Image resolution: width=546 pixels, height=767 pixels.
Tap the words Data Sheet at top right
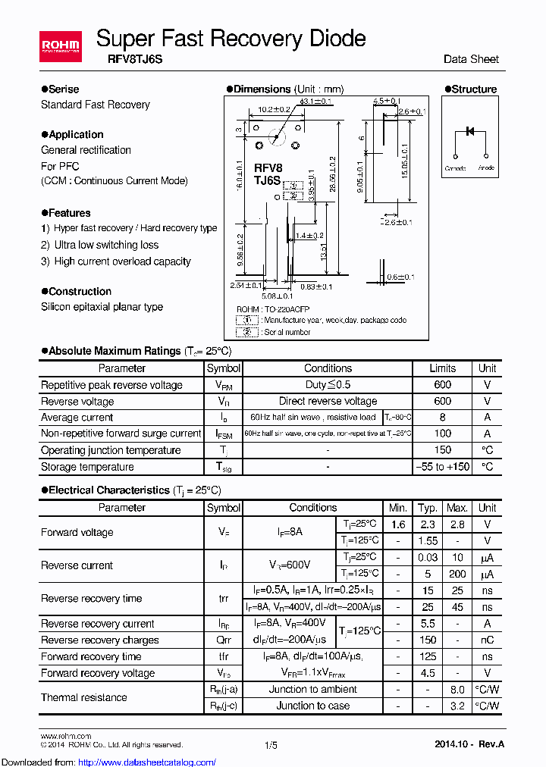(471, 58)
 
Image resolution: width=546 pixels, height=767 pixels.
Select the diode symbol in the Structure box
(469, 131)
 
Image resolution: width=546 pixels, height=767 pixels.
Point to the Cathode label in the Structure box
(455, 168)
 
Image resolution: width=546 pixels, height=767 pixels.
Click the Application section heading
(76, 134)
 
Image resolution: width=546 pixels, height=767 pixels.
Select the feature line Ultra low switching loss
(106, 245)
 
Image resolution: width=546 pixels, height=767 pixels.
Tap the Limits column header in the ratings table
(442, 368)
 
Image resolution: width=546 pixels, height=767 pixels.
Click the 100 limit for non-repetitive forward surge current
(442, 434)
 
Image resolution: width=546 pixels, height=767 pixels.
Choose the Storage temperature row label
(87, 467)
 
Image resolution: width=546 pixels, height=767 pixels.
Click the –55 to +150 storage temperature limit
(443, 467)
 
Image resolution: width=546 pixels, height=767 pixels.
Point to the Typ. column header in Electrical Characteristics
(428, 508)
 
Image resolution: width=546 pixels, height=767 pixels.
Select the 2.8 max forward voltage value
(457, 524)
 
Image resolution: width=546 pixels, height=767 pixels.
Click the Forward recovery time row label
(91, 656)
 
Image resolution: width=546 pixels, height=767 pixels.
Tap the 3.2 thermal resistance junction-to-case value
(457, 706)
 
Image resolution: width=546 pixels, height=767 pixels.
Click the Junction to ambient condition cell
(312, 689)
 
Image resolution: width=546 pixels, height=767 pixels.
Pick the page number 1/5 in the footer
(271, 746)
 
